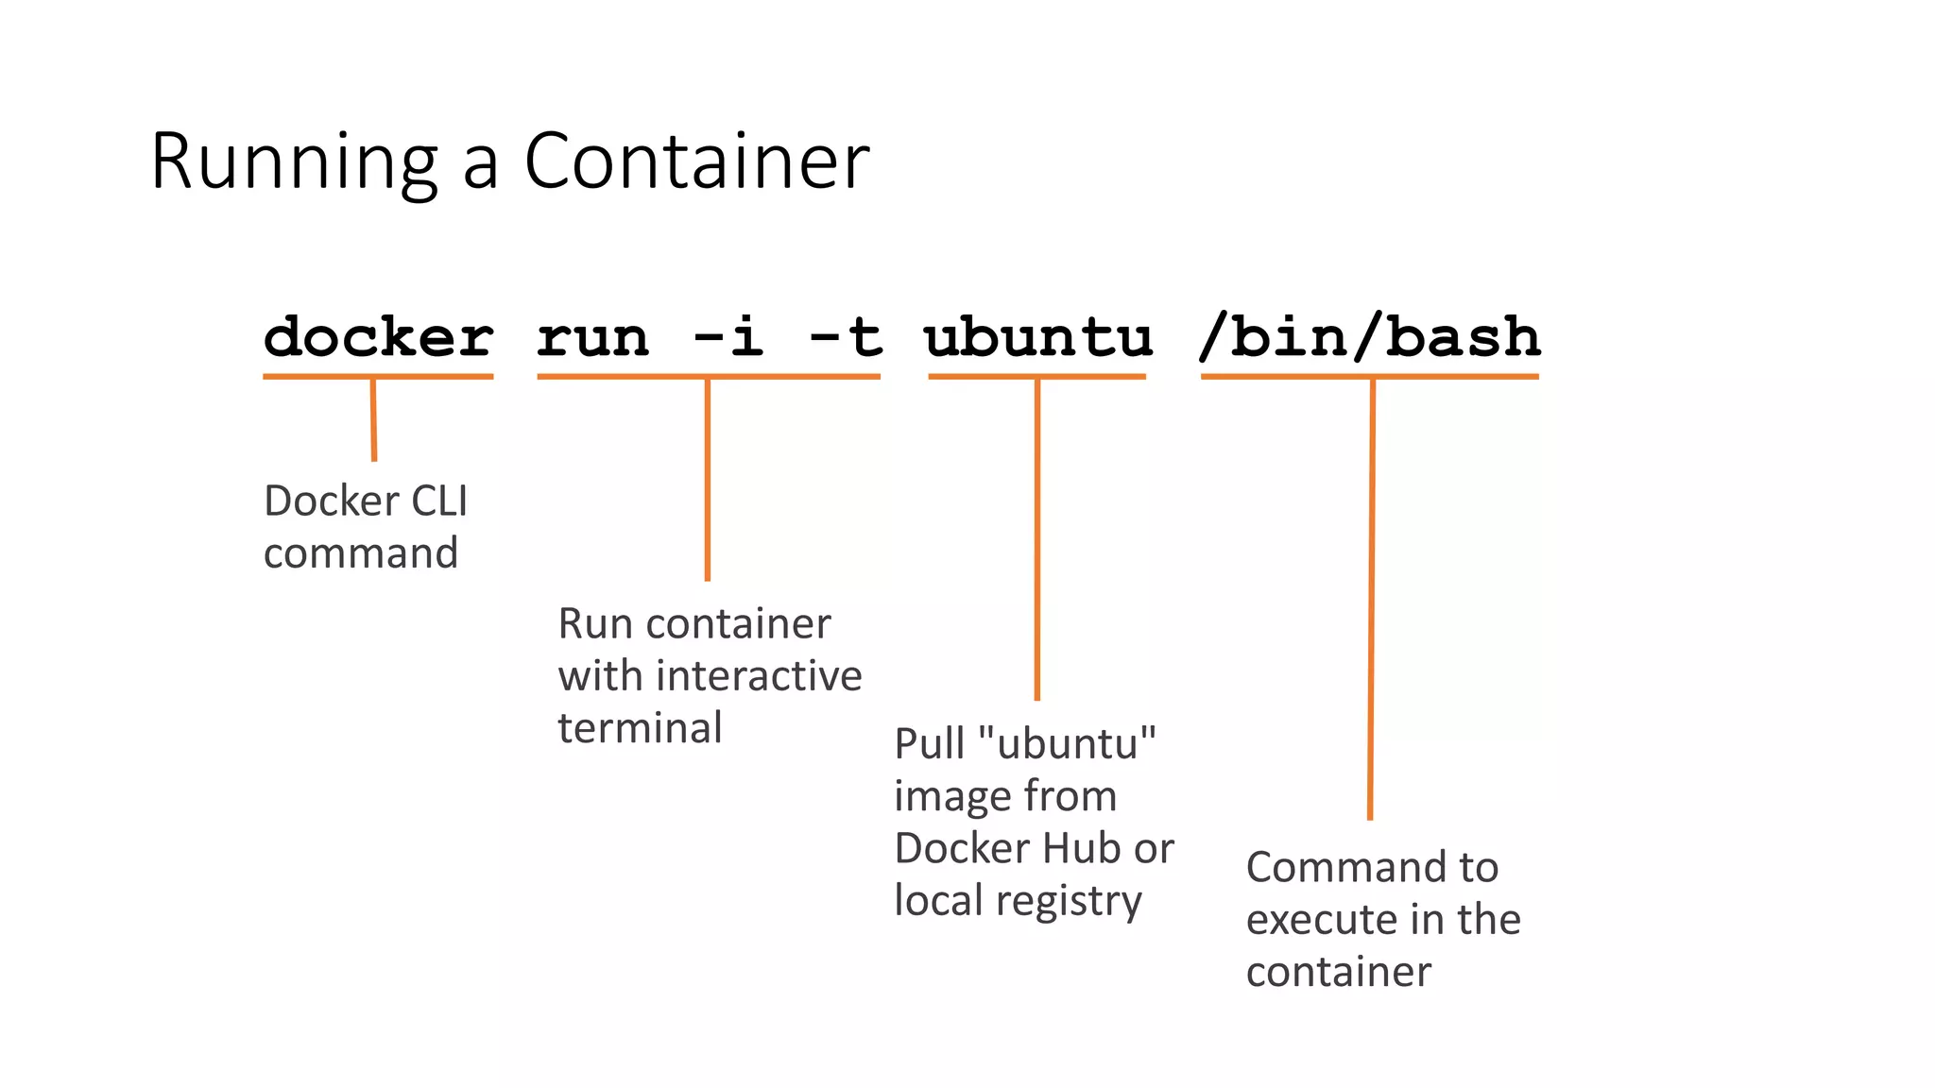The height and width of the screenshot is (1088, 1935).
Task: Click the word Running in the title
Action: [294, 162]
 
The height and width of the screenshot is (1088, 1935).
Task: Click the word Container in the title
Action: [696, 162]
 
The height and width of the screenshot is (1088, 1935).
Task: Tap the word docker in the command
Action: [378, 337]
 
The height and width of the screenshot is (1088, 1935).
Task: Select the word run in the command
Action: [593, 338]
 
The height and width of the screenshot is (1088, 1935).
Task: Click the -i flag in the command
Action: [728, 337]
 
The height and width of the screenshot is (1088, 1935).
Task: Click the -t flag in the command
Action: [846, 337]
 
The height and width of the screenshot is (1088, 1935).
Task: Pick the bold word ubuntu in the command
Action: [1037, 337]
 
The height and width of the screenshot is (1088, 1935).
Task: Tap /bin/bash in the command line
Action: [1369, 337]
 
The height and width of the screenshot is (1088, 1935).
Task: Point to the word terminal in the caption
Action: [640, 728]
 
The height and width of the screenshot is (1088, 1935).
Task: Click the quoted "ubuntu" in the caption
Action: [1068, 744]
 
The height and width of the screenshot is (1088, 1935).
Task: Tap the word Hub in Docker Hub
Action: [1077, 848]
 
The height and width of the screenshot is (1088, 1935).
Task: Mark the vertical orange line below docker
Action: [373, 419]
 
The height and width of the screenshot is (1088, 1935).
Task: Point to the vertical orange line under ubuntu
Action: [1036, 538]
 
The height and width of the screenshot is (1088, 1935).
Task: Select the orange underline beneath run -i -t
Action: [708, 377]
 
